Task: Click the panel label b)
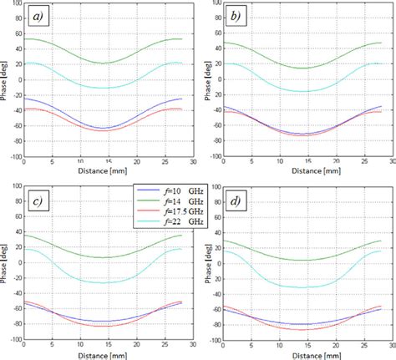click(x=236, y=17)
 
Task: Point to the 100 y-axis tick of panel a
click(x=18, y=4)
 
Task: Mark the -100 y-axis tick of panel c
click(x=15, y=340)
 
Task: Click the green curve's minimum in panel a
click(x=104, y=63)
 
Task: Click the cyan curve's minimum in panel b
click(x=302, y=91)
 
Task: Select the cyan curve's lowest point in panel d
click(x=302, y=287)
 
